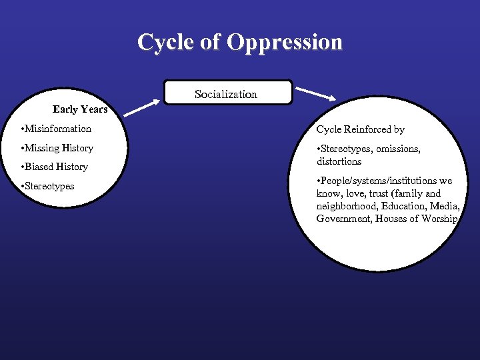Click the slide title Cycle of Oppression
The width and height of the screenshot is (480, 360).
[x=240, y=42]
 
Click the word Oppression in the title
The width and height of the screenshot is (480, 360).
[x=285, y=42]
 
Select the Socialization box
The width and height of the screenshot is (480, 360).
[x=227, y=94]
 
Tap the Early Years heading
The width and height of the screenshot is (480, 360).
[x=80, y=109]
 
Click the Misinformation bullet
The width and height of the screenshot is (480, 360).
[x=56, y=129]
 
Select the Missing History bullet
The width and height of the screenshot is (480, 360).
[x=57, y=148]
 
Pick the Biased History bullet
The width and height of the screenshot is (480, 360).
[x=55, y=167]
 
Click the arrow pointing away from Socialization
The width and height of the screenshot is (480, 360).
[x=316, y=93]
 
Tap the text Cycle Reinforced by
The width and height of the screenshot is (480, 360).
[x=360, y=129]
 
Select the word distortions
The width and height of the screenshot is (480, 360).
[x=339, y=161]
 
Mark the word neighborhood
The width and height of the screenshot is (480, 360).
[x=347, y=206]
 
